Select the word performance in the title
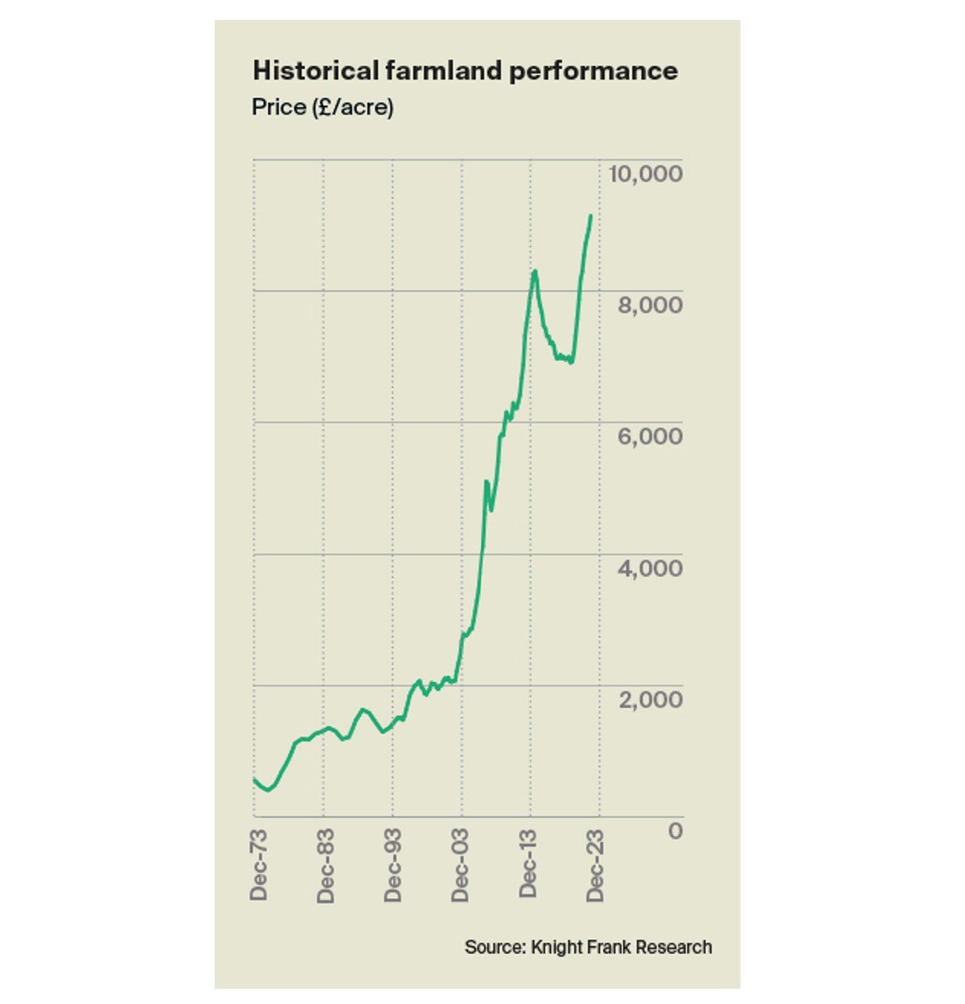click(593, 71)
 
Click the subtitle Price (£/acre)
click(322, 107)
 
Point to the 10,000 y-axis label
click(647, 173)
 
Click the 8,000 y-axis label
click(650, 305)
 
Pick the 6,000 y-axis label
click(650, 436)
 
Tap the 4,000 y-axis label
click(650, 568)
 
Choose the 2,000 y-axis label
click(650, 699)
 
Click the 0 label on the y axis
click(675, 830)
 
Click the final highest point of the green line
click(591, 216)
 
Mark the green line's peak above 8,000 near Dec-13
click(535, 271)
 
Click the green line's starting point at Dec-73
click(254, 779)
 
